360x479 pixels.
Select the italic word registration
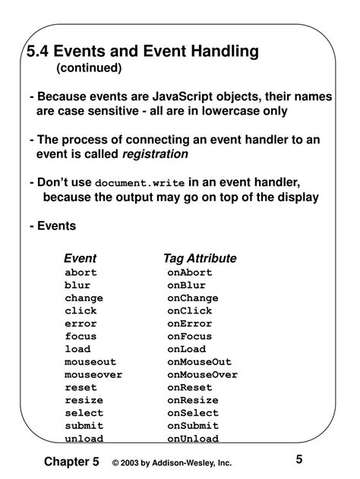[156, 154]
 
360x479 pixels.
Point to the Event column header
[80, 258]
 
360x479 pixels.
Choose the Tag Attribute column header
[200, 258]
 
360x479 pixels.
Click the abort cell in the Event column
[81, 273]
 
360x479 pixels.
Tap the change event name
[84, 298]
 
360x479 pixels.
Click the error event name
[81, 323]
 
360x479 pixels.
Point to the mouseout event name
[90, 362]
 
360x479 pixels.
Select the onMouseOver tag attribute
[203, 375]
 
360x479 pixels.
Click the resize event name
[84, 400]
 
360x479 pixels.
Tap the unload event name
[84, 439]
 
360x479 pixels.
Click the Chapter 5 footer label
[71, 462]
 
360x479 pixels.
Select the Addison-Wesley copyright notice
[171, 463]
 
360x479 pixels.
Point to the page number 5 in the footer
[299, 459]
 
